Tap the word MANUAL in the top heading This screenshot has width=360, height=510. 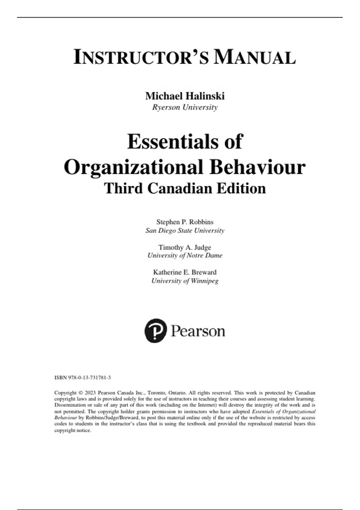(254, 58)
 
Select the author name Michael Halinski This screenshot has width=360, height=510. (185, 96)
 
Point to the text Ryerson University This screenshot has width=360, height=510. (185, 107)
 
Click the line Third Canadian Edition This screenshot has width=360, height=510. (185, 188)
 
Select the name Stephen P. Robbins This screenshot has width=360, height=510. (185, 222)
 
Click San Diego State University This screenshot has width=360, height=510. (185, 230)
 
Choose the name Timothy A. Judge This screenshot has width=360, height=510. (185, 247)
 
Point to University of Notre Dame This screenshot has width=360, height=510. (185, 255)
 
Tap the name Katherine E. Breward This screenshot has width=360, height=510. (185, 272)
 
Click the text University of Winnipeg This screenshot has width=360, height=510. (185, 281)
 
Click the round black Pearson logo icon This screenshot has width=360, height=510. (155, 331)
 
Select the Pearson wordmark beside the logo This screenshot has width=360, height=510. (198, 331)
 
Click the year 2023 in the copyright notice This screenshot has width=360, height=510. (90, 393)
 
